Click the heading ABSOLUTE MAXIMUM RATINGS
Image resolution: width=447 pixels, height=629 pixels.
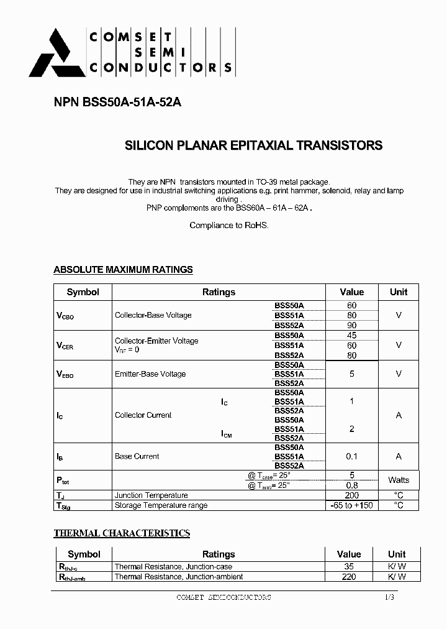pyautogui.click(x=123, y=270)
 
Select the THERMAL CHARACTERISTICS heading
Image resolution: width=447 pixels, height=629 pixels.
pyautogui.click(x=122, y=533)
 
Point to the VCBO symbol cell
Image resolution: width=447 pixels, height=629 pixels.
pyautogui.click(x=65, y=316)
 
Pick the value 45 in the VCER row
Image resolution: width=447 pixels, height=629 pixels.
pyautogui.click(x=351, y=336)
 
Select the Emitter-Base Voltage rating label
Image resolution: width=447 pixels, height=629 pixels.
pyautogui.click(x=150, y=374)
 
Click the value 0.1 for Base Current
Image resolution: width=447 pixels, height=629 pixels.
pyautogui.click(x=351, y=456)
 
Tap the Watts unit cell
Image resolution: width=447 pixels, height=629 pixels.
pyautogui.click(x=399, y=480)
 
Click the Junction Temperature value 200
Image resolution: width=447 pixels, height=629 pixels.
pyautogui.click(x=351, y=495)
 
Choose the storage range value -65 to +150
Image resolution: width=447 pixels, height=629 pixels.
pyautogui.click(x=351, y=505)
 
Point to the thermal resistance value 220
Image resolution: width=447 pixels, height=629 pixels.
pyautogui.click(x=349, y=577)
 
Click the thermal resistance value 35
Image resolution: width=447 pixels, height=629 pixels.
pyautogui.click(x=349, y=567)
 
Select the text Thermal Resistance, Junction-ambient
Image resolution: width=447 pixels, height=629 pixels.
pyautogui.click(x=171, y=577)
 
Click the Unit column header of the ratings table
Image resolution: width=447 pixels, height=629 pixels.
pyautogui.click(x=399, y=292)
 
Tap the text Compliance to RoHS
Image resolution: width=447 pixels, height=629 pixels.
pyautogui.click(x=229, y=226)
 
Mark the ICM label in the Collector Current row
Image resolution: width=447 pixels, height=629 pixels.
pyautogui.click(x=227, y=434)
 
